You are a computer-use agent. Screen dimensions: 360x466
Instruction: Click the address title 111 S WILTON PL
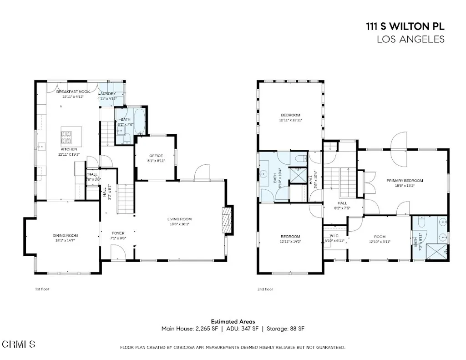(405, 27)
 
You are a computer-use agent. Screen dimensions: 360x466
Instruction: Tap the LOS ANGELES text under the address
(410, 40)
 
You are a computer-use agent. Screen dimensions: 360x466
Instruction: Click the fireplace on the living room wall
(227, 221)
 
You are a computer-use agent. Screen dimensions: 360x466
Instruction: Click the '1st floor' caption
(41, 289)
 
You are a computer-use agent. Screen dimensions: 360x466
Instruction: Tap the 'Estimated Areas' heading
(233, 321)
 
